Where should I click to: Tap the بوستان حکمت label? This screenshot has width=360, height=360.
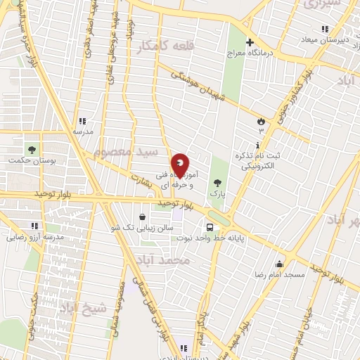[x=31, y=161]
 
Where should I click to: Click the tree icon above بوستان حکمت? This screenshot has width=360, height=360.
[x=31, y=149]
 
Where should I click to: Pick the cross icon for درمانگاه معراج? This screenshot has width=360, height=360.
[x=250, y=42]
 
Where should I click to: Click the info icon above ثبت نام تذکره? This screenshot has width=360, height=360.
[x=262, y=145]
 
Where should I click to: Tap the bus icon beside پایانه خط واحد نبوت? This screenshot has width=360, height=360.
[x=210, y=226]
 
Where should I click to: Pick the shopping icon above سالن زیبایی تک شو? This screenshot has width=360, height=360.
[x=143, y=217]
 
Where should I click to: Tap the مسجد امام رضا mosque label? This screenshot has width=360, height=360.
[x=280, y=274]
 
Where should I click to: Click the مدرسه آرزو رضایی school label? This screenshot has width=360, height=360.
[x=34, y=238]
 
